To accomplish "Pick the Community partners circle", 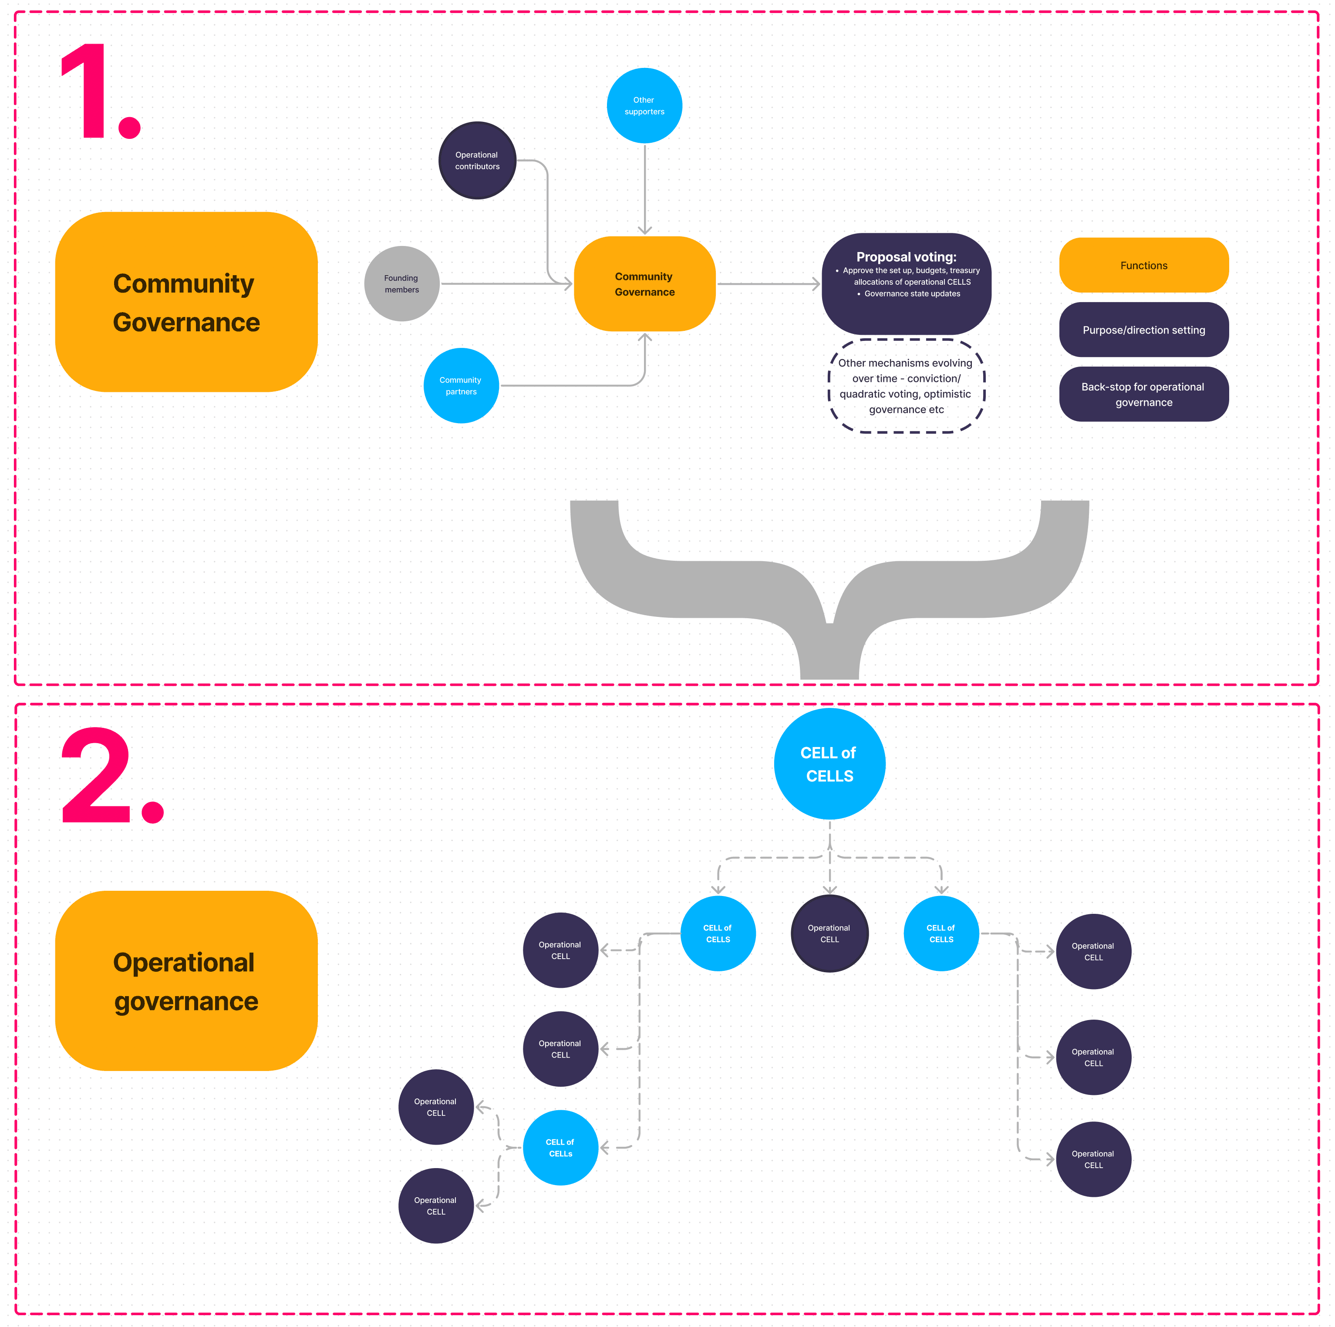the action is click(461, 385).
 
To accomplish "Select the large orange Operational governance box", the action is click(186, 981).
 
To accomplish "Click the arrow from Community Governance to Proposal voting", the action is click(769, 284).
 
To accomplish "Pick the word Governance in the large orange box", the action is click(186, 323).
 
